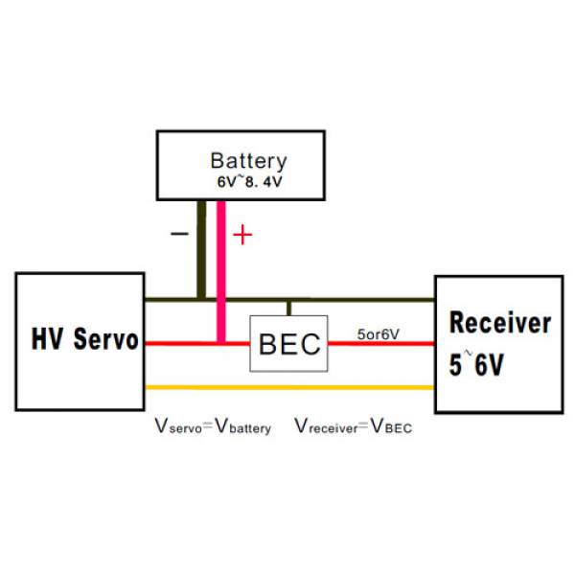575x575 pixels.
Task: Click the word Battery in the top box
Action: (x=248, y=161)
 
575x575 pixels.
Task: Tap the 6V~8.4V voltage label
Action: (x=250, y=181)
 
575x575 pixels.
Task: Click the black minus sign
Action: (x=180, y=234)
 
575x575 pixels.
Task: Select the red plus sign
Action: (x=242, y=235)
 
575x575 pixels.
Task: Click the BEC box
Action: (x=289, y=344)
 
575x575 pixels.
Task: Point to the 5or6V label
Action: (x=379, y=334)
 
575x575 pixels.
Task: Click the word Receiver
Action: (x=500, y=323)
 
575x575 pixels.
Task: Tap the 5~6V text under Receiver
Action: (x=476, y=364)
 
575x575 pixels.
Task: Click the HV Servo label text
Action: (x=84, y=339)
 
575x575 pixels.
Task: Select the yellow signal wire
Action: (x=289, y=387)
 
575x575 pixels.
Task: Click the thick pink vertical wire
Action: (x=221, y=272)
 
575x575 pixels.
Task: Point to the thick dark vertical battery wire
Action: (x=201, y=250)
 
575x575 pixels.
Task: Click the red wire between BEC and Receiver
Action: (x=381, y=344)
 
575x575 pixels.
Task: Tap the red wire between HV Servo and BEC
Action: (x=197, y=344)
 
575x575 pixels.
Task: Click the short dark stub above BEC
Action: (x=289, y=309)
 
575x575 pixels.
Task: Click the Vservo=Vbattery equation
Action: (x=213, y=426)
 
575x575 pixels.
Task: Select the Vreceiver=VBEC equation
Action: (x=354, y=426)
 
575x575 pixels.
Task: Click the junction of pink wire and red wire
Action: (x=221, y=343)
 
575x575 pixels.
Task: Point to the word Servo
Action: (x=106, y=339)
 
